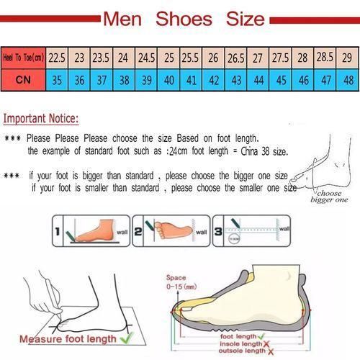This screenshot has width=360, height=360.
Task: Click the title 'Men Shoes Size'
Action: point(183,17)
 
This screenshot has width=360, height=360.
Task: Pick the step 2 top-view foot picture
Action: point(171,231)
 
